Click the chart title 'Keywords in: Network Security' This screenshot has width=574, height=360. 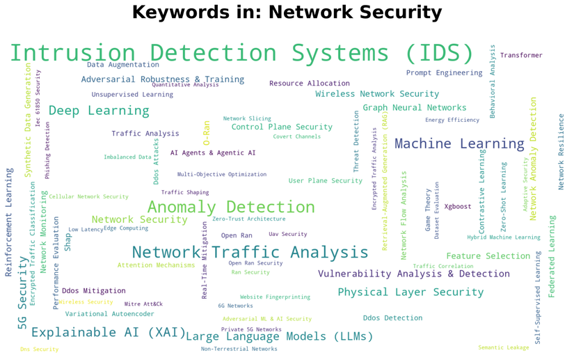pyautogui.click(x=287, y=13)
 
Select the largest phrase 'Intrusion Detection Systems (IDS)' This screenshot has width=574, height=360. pyautogui.click(x=241, y=54)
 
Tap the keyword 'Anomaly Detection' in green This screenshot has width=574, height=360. pyautogui.click(x=231, y=207)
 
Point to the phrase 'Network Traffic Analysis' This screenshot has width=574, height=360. pyautogui.click(x=250, y=252)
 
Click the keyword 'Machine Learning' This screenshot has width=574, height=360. pyautogui.click(x=459, y=144)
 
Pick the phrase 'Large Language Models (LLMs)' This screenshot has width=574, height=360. pyautogui.click(x=280, y=336)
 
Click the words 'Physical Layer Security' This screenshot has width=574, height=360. pyautogui.click(x=410, y=292)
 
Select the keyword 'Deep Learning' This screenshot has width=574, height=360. pyautogui.click(x=99, y=111)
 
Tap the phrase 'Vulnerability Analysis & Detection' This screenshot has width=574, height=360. pyautogui.click(x=413, y=274)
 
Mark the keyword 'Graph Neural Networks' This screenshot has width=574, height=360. pyautogui.click(x=415, y=108)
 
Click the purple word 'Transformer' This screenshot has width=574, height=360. pyautogui.click(x=521, y=56)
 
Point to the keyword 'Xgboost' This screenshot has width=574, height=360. pyautogui.click(x=458, y=207)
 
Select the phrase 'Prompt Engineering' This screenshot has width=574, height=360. pyautogui.click(x=444, y=72)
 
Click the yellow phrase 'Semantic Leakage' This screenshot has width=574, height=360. pyautogui.click(x=503, y=347)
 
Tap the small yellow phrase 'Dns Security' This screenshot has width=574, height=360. pyautogui.click(x=39, y=349)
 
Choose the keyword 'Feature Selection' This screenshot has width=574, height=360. pyautogui.click(x=488, y=256)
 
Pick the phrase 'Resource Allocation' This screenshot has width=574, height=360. pyautogui.click(x=310, y=84)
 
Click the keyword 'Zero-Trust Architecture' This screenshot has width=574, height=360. pyautogui.click(x=249, y=219)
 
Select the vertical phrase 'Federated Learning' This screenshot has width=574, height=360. pyautogui.click(x=552, y=256)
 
